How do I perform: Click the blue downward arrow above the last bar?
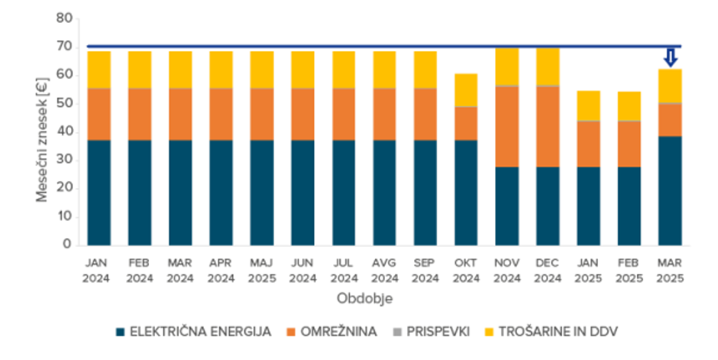[670, 58]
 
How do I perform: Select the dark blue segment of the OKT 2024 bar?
[466, 192]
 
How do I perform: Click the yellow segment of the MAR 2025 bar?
[670, 86]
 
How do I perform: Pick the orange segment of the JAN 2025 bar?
[588, 144]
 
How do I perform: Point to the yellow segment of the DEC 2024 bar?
[548, 66]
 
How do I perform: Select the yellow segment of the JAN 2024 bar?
[99, 70]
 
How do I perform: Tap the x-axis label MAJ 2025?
[262, 270]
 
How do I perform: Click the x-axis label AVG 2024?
[384, 270]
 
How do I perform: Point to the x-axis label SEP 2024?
[425, 270]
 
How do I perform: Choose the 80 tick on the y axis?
[64, 19]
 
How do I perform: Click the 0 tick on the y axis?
[67, 245]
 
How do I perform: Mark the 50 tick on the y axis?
[64, 104]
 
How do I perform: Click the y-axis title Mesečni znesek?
[43, 131]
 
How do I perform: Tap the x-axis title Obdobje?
[364, 299]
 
